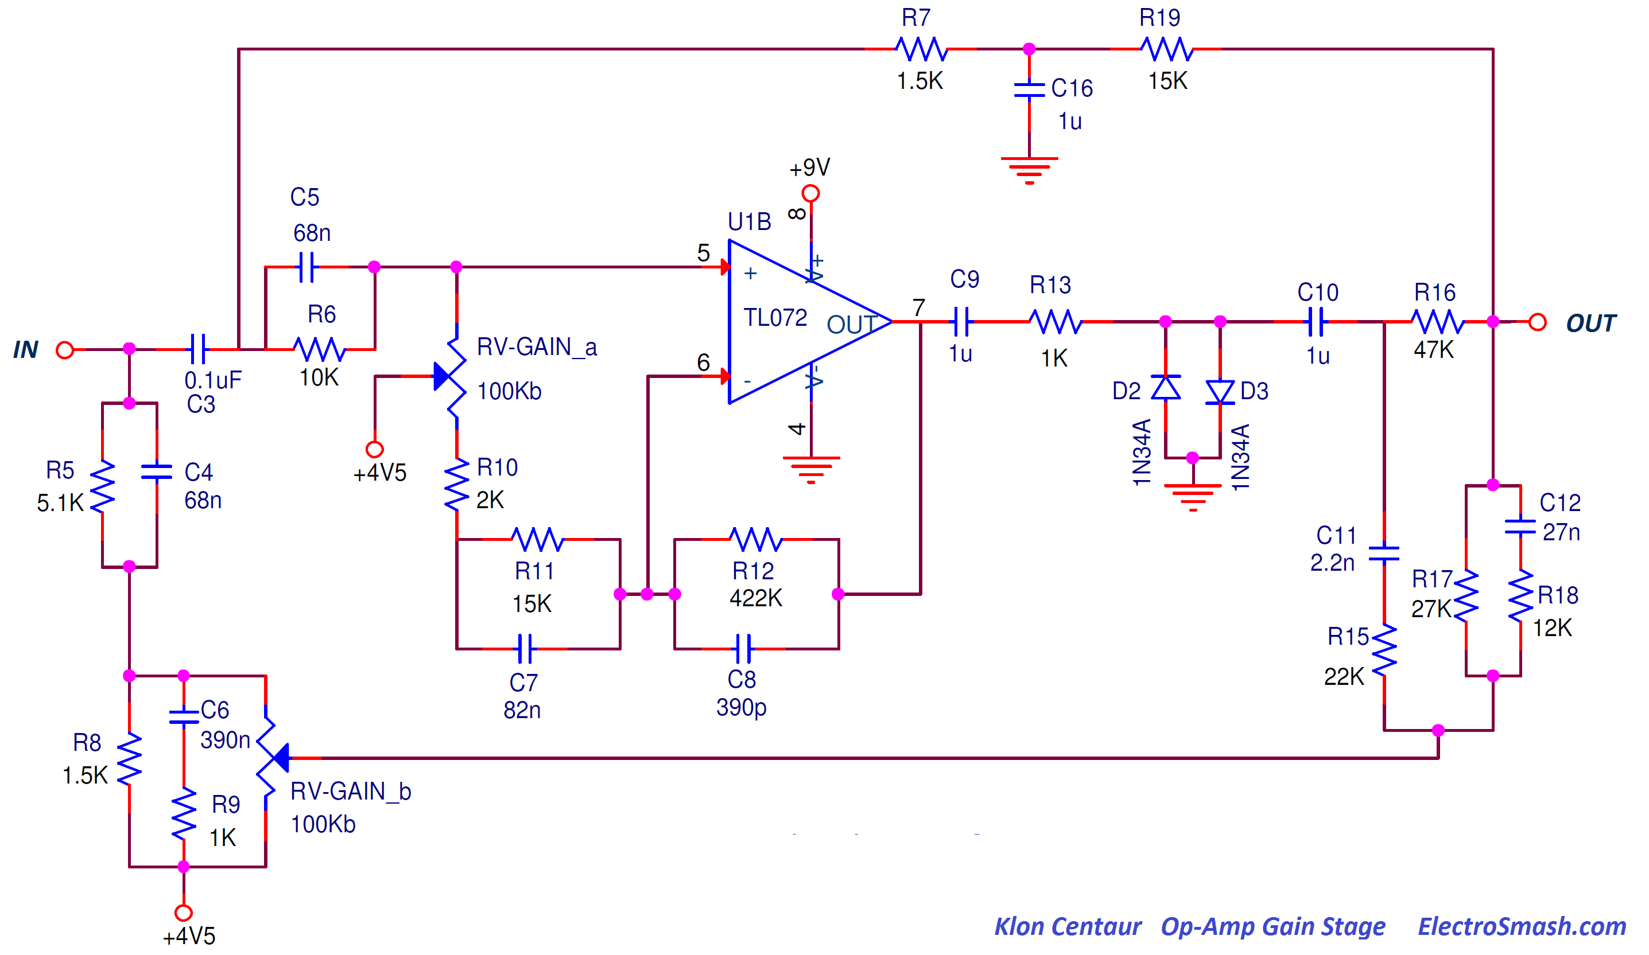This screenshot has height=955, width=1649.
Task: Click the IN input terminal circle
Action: (x=65, y=350)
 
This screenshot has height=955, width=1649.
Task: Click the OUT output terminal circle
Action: (x=1537, y=322)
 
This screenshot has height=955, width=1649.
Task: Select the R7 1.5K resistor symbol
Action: (x=921, y=49)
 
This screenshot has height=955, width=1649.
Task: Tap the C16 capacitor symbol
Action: (x=1029, y=90)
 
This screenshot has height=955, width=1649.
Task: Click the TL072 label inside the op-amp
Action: (x=775, y=318)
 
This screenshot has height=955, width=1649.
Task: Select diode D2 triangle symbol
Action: (x=1165, y=387)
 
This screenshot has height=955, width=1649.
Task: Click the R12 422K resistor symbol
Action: (x=756, y=539)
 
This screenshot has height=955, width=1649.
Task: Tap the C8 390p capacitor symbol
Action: (x=743, y=649)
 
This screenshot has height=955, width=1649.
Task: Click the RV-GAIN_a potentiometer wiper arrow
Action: (x=443, y=377)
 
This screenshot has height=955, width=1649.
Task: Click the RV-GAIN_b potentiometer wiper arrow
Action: (x=281, y=758)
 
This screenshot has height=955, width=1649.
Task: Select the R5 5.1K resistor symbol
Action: (x=102, y=486)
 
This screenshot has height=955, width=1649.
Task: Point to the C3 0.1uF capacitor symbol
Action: (x=197, y=349)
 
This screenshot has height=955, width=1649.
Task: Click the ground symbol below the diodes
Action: (x=1192, y=496)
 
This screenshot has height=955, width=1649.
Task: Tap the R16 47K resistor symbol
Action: (x=1437, y=322)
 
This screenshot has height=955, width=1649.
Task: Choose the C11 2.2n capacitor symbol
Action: (x=1384, y=553)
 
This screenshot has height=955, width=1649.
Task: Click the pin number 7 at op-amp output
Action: (x=919, y=307)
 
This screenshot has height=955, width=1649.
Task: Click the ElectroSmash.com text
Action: (x=1522, y=926)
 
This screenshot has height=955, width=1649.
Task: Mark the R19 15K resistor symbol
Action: (x=1166, y=49)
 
